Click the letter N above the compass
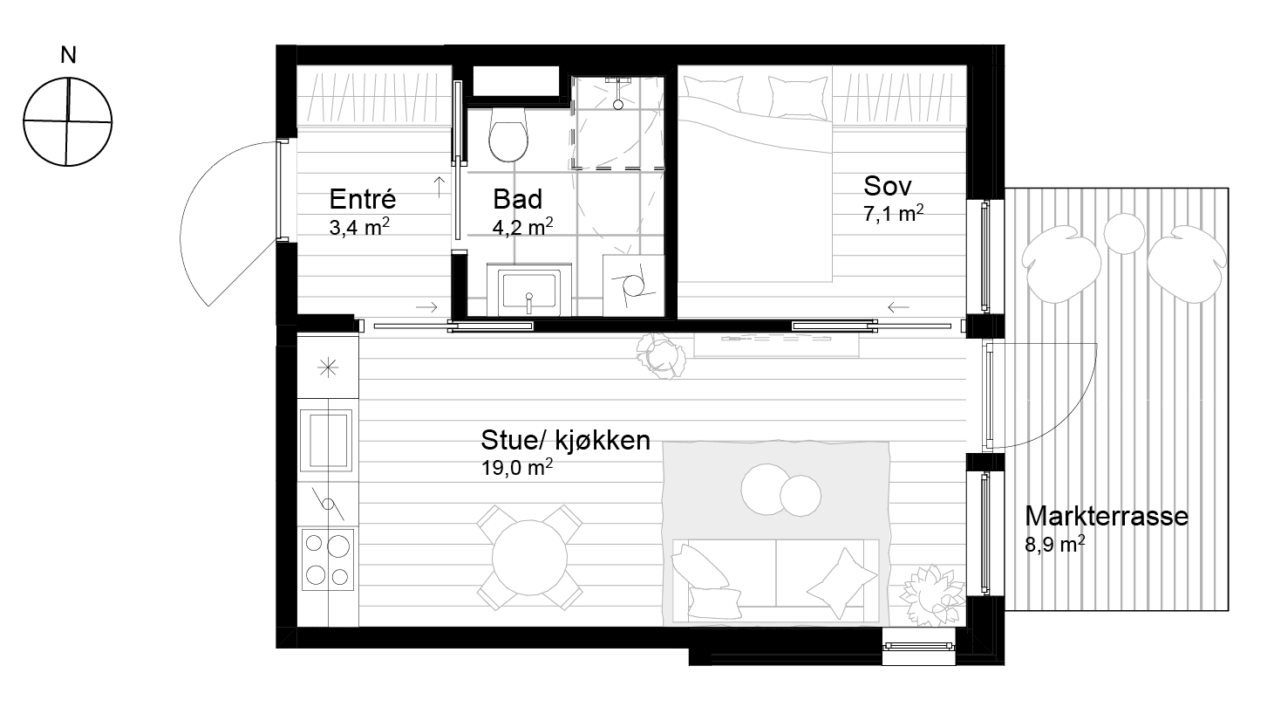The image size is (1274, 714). coord(68,55)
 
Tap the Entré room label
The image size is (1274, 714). coord(362,199)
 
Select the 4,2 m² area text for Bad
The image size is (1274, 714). coord(522,227)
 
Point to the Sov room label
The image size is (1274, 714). coord(887,186)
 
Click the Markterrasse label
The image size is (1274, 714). coord(1107,516)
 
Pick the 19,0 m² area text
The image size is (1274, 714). coord(516,468)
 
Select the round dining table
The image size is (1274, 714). coord(529,558)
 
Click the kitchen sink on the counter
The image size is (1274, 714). coord(327,440)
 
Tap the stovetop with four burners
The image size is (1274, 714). coord(327,560)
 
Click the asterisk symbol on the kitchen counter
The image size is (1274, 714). coord(328,367)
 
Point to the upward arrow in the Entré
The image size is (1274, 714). coord(439,187)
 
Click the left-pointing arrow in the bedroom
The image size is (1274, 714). coord(898,307)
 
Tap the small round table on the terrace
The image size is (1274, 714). coord(1124,233)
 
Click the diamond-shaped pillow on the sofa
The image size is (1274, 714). coord(841,583)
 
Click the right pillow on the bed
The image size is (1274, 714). coord(798,98)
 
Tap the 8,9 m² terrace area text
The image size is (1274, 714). coord(1054,544)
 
